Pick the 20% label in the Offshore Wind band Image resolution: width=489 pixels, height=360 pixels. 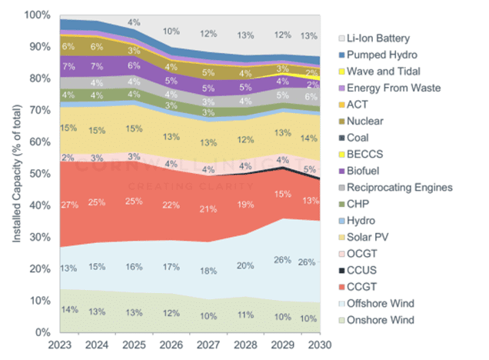tap(245, 265)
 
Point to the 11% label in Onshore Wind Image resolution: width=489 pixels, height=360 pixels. tap(245, 315)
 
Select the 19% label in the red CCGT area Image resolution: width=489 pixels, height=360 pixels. tap(245, 205)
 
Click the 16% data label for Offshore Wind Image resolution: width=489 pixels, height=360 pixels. tap(135, 266)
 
